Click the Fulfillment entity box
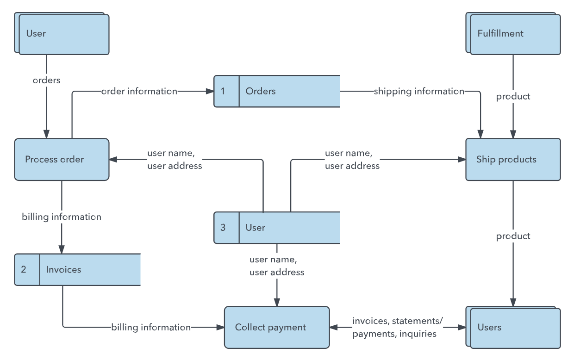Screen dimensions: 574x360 coord(513,34)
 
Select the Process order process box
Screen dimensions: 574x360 coord(62,159)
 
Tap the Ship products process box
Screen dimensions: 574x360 coord(513,159)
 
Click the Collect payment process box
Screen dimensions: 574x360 coord(277,327)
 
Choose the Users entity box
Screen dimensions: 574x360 coord(513,327)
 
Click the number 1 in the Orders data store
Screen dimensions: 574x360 coord(223,91)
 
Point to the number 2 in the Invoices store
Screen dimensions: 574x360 coord(24,269)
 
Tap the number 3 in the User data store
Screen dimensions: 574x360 coord(223,228)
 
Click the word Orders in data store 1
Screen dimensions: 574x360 coord(261,91)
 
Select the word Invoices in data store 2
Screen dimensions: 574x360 coord(63,270)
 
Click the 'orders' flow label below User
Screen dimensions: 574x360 coord(46,81)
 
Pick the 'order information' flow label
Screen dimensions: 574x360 coord(139,91)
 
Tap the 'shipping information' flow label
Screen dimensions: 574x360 coord(419,92)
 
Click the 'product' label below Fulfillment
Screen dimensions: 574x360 coord(513,97)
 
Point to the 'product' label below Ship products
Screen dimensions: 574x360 coord(513,236)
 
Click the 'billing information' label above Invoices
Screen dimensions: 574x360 coord(62,217)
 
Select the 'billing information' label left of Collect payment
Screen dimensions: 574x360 coord(151,328)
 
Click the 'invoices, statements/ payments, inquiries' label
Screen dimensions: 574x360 coord(398,328)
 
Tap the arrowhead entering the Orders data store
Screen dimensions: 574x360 coord(210,91)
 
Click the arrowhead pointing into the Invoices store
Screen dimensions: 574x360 coord(62,249)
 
